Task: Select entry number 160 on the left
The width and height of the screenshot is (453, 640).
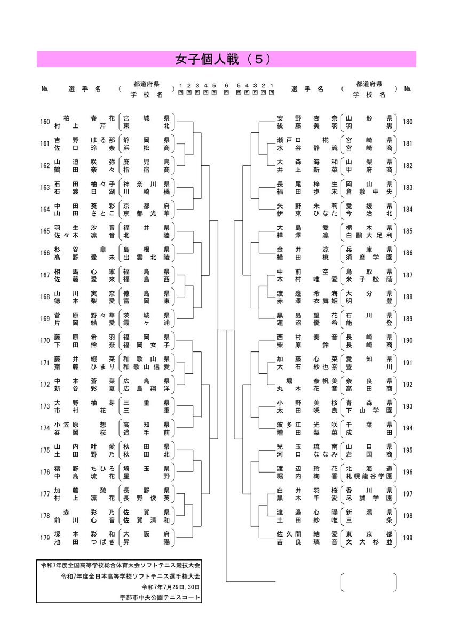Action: (45, 122)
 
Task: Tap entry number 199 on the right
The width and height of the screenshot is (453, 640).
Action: (408, 538)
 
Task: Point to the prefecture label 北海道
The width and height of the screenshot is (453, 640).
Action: (369, 468)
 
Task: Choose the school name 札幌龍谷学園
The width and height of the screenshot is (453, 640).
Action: (369, 476)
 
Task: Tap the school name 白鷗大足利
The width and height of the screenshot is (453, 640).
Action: (369, 235)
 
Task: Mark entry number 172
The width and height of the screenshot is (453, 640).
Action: (45, 385)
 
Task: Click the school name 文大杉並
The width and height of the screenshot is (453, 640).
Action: (369, 542)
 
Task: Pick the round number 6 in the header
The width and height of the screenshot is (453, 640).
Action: (226, 85)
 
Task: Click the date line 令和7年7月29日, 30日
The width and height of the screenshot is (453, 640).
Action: (171, 587)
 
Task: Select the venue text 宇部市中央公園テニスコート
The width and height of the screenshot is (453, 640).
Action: (160, 597)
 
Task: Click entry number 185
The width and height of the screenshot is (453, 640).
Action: (408, 231)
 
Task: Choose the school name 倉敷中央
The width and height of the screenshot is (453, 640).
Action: (369, 191)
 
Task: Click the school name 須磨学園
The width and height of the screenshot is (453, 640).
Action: (369, 257)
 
